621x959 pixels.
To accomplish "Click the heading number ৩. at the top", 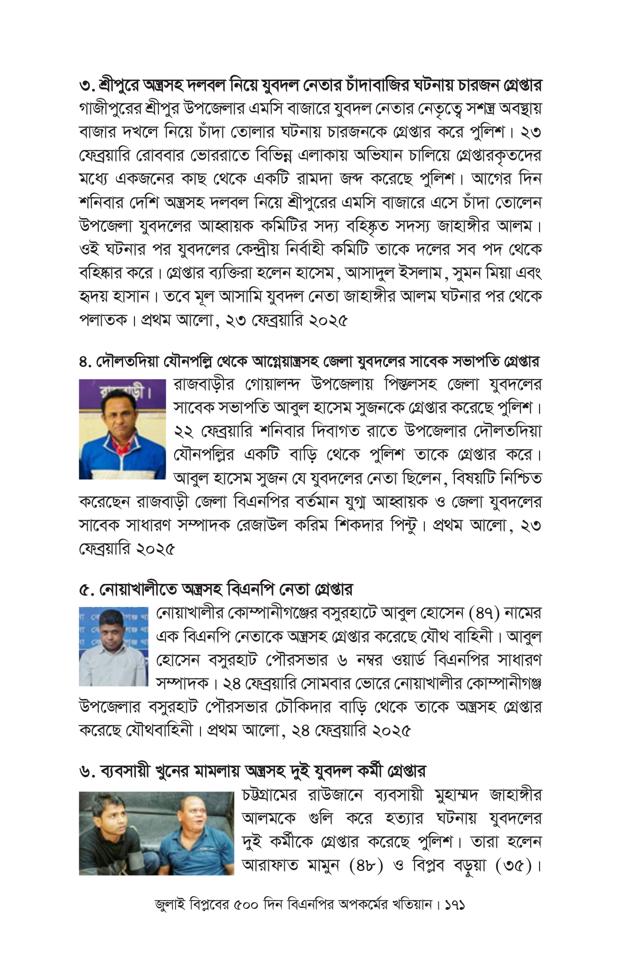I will point(87,86).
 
